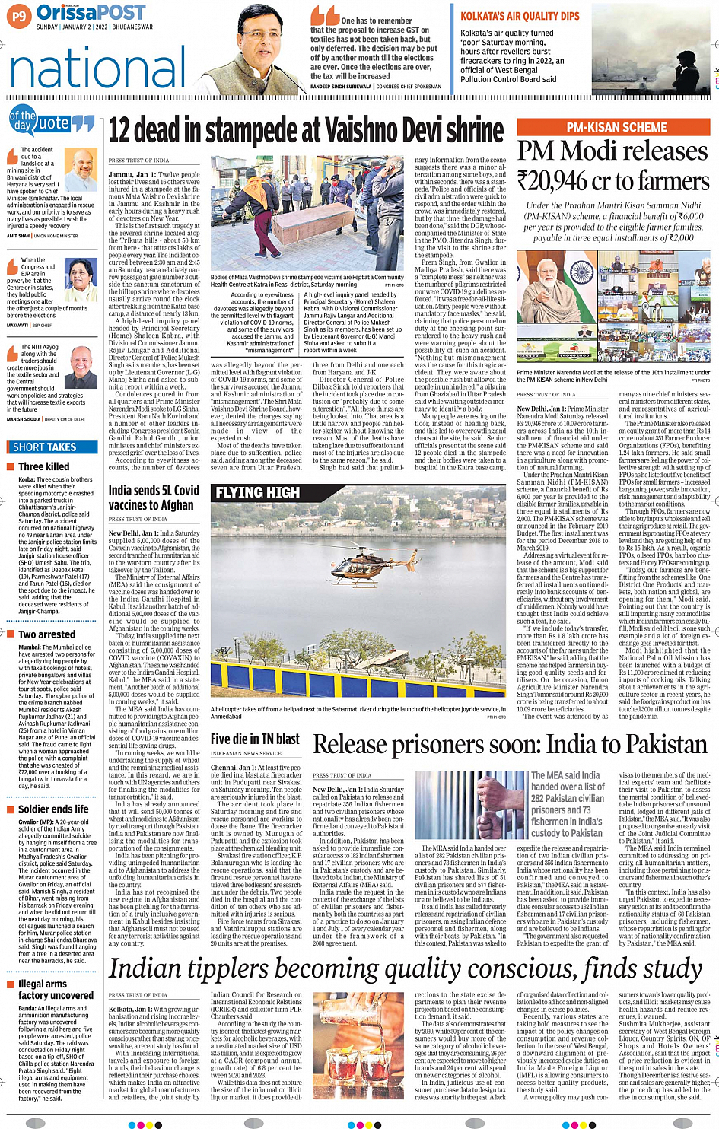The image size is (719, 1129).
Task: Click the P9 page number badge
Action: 19,14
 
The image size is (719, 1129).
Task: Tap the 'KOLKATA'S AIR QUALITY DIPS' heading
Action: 520,16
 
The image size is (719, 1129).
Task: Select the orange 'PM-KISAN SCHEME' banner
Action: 616,127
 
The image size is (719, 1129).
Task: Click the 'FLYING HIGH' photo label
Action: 257,493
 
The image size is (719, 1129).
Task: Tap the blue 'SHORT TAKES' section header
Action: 45,447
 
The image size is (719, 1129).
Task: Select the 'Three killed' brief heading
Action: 44,466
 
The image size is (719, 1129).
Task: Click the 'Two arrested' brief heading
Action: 47,634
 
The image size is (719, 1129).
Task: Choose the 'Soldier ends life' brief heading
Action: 53,809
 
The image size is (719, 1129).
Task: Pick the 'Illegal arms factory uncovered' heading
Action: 55,989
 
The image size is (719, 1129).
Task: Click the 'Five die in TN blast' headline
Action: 255,738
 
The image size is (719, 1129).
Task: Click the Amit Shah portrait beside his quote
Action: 81,169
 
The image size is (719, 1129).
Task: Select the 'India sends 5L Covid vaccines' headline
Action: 154,498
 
